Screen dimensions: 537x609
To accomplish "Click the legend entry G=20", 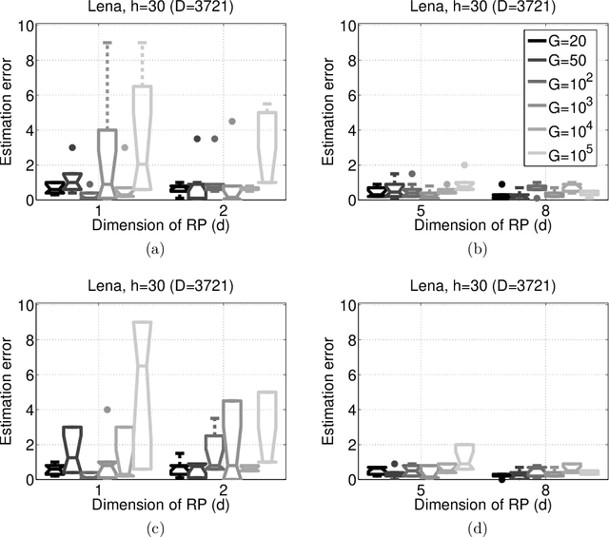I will click(x=561, y=41).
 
